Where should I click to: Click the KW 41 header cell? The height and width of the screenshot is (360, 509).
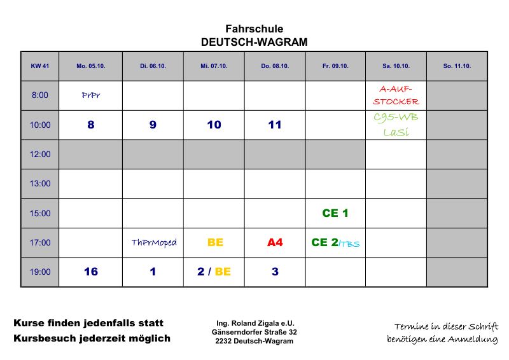pyautogui.click(x=39, y=66)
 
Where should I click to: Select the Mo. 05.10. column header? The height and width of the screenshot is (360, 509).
pyautogui.click(x=90, y=66)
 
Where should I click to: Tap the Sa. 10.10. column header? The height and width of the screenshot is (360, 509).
pyautogui.click(x=396, y=66)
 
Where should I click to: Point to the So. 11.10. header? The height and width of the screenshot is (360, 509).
pyautogui.click(x=457, y=66)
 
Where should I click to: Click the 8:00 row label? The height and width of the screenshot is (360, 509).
pyautogui.click(x=39, y=95)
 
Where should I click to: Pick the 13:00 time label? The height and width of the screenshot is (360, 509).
pyautogui.click(x=39, y=184)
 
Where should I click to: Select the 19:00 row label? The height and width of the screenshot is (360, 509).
pyautogui.click(x=39, y=272)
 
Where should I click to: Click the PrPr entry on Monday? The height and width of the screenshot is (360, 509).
pyautogui.click(x=91, y=95)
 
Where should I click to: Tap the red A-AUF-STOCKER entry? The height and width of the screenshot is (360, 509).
pyautogui.click(x=396, y=95)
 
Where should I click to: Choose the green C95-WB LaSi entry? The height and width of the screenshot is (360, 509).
pyautogui.click(x=396, y=125)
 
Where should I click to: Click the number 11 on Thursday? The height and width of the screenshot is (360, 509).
pyautogui.click(x=274, y=125)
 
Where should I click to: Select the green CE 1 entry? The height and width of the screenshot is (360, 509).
pyautogui.click(x=335, y=213)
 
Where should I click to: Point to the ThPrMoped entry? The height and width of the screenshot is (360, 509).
pyautogui.click(x=153, y=242)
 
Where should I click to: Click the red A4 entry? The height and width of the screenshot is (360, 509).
pyautogui.click(x=274, y=242)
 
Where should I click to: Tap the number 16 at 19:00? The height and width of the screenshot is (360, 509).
pyautogui.click(x=91, y=272)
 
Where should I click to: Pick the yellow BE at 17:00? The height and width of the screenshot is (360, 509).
pyautogui.click(x=215, y=242)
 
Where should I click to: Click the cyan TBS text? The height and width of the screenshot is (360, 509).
pyautogui.click(x=349, y=244)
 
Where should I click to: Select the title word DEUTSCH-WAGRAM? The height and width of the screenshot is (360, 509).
pyautogui.click(x=254, y=43)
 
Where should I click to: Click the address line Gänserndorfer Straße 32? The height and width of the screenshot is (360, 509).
pyautogui.click(x=254, y=332)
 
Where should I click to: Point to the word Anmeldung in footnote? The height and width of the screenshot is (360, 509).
pyautogui.click(x=472, y=340)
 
